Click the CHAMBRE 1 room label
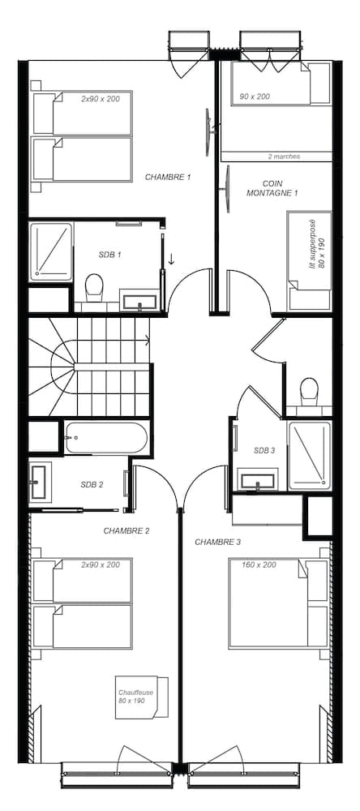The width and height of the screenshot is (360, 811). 168,177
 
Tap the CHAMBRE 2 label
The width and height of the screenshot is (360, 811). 126,530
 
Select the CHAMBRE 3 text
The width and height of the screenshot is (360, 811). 218,542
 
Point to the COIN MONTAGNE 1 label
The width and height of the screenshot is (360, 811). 272,188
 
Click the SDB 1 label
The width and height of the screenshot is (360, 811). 109,255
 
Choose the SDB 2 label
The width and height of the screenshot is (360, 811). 92,485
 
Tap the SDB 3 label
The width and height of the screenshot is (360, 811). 264,450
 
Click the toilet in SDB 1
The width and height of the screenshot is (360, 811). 93,288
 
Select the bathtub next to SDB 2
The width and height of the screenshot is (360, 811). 105,438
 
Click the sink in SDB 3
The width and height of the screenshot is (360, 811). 258,479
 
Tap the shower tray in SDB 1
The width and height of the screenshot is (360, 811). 51,252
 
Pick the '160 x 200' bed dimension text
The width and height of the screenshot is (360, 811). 259,564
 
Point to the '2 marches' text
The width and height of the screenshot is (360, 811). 284,157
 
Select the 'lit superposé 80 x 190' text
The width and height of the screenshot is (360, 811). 315,243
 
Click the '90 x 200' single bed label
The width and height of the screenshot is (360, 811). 255,97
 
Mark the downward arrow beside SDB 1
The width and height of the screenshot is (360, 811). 171,259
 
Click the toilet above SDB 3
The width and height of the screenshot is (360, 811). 309,392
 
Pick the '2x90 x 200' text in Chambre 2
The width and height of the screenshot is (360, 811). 101,564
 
